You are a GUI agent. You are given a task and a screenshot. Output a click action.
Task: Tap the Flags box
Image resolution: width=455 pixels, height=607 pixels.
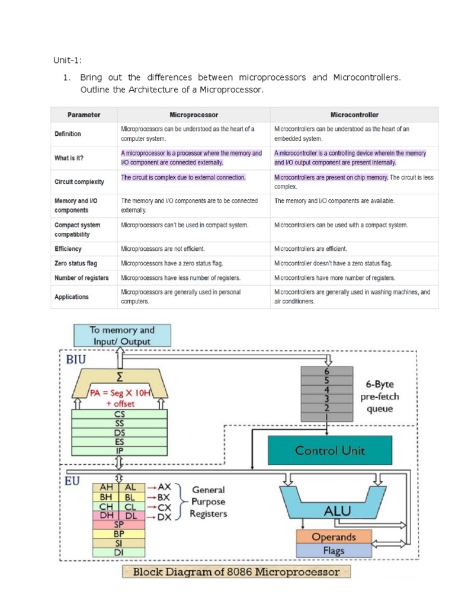tap(334, 551)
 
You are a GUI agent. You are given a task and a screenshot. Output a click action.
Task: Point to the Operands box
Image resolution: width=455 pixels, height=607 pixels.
tap(334, 536)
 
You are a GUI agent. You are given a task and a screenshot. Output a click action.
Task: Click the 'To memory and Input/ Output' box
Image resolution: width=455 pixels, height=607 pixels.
tap(122, 336)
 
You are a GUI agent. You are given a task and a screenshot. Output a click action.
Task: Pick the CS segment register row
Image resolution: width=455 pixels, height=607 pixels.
tap(119, 415)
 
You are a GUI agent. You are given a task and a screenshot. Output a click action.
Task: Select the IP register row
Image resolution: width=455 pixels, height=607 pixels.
tap(119, 451)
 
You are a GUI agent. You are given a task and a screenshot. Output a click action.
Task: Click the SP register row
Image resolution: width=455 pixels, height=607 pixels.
tap(118, 524)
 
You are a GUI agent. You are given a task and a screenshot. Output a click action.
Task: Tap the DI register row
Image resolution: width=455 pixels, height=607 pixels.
tap(118, 552)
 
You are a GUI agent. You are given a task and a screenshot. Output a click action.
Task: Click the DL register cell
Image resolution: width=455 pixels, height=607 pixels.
tap(130, 516)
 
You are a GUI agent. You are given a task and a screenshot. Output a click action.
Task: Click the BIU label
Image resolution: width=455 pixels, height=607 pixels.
tap(73, 359)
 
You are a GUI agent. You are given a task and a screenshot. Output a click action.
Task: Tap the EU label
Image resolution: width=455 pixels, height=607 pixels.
tap(71, 481)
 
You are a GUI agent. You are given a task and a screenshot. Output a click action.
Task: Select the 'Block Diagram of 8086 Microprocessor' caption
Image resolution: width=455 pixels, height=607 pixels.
tap(236, 572)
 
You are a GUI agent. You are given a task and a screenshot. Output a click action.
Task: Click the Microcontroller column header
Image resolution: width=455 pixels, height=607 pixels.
tap(354, 114)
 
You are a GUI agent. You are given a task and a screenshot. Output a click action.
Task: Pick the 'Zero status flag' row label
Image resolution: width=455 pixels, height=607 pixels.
tap(76, 263)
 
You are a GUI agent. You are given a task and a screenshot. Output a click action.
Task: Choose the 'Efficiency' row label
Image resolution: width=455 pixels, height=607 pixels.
tap(68, 249)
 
